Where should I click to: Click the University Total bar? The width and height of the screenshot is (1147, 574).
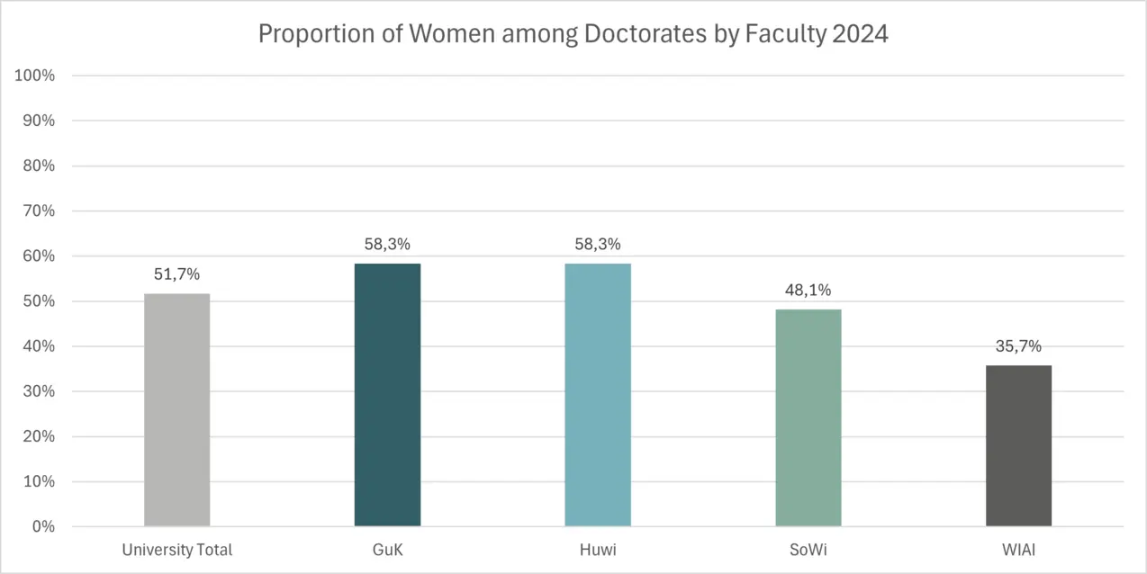[x=176, y=410]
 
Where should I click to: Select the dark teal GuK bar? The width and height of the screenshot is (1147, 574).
[x=387, y=395]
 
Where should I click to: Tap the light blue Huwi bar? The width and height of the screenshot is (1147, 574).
[x=598, y=395]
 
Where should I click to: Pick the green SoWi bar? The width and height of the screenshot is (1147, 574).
[x=808, y=418]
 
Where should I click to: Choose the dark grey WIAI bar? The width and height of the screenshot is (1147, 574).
[x=1018, y=446]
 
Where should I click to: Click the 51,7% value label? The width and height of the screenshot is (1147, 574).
[x=176, y=274]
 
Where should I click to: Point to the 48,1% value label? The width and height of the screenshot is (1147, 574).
[x=808, y=291]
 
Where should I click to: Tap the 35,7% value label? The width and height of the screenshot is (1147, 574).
[x=1018, y=346]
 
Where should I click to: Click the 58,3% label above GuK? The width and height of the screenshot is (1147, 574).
[x=387, y=245]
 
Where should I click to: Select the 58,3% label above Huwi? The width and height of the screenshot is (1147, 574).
[x=598, y=245]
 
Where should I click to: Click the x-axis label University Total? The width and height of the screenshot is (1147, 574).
[x=177, y=550]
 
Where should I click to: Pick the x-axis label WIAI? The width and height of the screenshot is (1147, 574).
[x=1018, y=550]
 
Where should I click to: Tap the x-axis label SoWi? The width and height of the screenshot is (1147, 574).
[x=808, y=550]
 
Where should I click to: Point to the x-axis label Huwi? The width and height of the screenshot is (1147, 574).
[x=598, y=550]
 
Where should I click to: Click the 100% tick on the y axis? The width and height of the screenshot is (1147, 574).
[x=35, y=76]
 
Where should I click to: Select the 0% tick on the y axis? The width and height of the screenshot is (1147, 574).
[x=42, y=526]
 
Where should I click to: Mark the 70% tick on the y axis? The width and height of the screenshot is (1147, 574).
[x=39, y=211]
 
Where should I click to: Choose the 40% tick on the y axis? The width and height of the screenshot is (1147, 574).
[x=39, y=346]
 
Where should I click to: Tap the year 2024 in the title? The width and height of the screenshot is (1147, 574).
[x=859, y=34]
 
